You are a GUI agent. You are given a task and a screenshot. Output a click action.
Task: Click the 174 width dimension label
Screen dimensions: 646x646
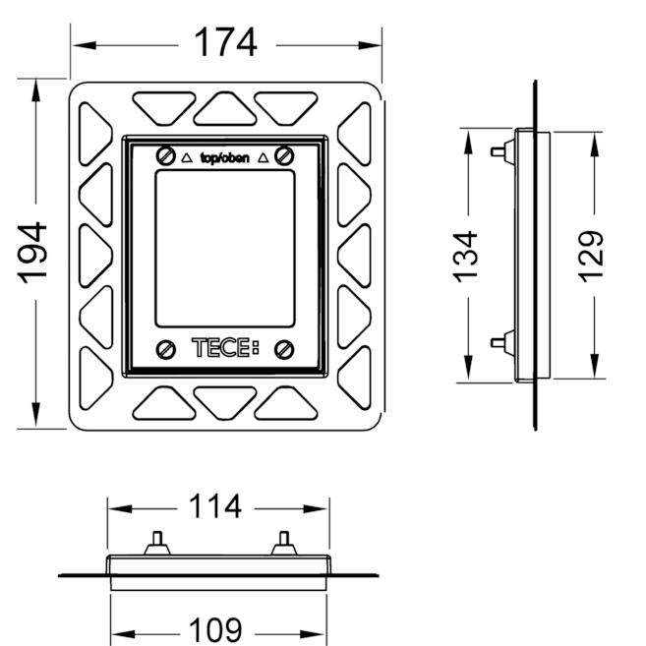tap(224, 42)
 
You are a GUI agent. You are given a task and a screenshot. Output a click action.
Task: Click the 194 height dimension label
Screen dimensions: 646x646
tap(35, 254)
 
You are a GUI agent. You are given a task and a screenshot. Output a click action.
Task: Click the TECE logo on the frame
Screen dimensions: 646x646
tap(225, 347)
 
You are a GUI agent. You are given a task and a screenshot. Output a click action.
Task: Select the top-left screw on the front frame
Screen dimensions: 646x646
tap(164, 155)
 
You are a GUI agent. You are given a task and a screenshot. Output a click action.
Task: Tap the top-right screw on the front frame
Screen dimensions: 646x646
tap(284, 155)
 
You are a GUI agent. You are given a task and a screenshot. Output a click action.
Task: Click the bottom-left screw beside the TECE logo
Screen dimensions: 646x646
tap(165, 347)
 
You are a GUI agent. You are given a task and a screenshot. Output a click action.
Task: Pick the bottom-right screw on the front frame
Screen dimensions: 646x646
tap(284, 347)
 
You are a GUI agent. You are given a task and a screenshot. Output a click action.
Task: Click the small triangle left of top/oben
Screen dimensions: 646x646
tap(187, 156)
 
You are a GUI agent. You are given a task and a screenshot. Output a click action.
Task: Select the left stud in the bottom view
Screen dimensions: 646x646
tap(157, 542)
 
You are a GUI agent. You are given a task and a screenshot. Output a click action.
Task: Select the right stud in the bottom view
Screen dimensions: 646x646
tap(283, 542)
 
